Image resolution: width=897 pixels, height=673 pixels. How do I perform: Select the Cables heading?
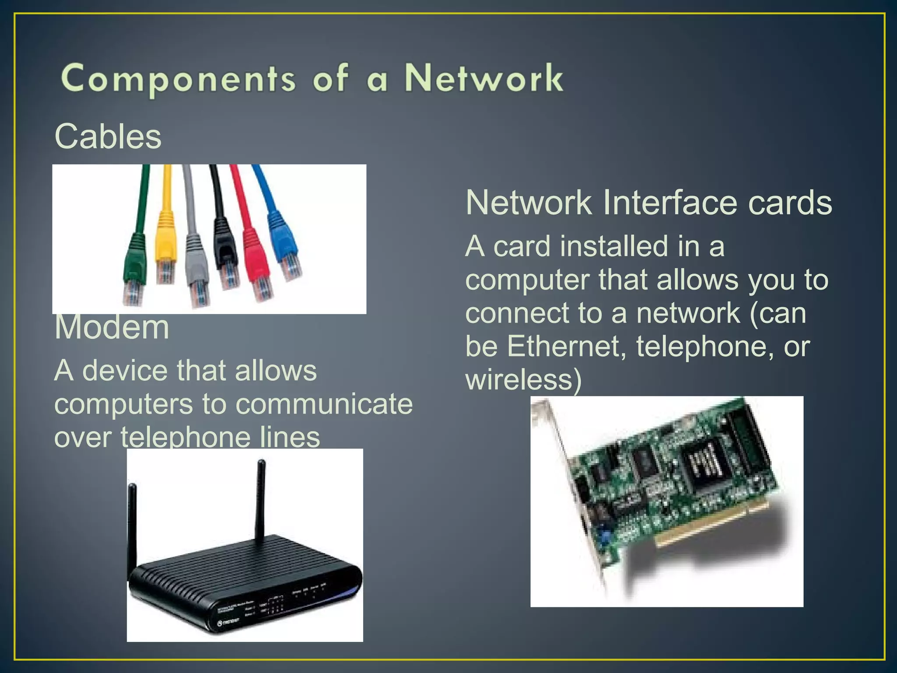pyautogui.click(x=108, y=136)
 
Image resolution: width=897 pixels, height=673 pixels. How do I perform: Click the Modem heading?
pyautogui.click(x=112, y=328)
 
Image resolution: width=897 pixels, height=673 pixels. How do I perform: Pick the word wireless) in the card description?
pyautogui.click(x=523, y=379)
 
